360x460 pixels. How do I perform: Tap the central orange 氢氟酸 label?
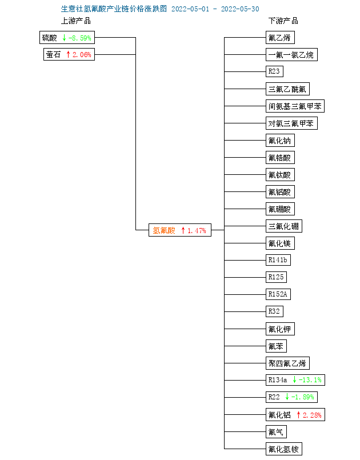tap(163, 230)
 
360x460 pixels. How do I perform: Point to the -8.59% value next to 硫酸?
tap(80, 38)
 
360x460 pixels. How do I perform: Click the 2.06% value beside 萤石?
tap(82, 55)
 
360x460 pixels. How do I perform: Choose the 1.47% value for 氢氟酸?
tap(196, 230)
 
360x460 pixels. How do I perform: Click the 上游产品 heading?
tap(75, 21)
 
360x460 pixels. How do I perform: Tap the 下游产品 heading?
tap(283, 21)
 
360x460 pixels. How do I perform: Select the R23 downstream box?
tap(274, 72)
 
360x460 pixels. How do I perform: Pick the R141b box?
tap(278, 261)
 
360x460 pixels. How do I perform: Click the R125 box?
tap(276, 278)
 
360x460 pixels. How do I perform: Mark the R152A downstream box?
tap(278, 295)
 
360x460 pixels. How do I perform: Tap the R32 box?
tap(274, 312)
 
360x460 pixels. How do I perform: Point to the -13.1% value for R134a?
tap(310, 380)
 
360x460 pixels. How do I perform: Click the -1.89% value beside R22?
tap(303, 397)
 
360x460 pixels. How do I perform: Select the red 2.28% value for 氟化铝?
tap(312, 415)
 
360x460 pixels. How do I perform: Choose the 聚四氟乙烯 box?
tap(287, 363)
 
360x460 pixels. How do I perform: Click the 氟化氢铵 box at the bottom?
tap(283, 449)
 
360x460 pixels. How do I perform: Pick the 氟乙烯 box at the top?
tap(279, 38)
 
